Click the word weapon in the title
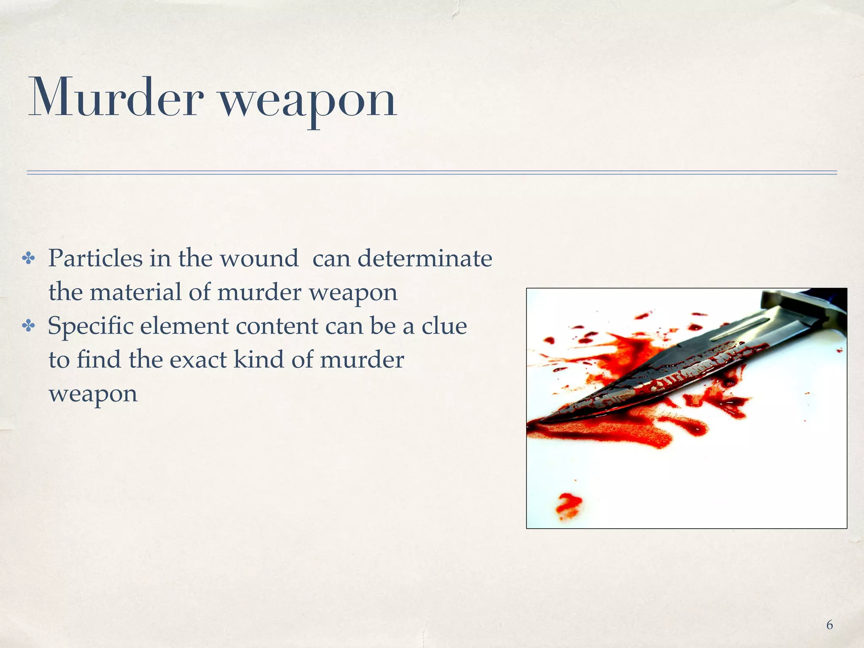tap(308, 101)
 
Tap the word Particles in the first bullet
tap(95, 258)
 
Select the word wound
tap(259, 258)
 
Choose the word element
tap(184, 326)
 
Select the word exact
tap(198, 359)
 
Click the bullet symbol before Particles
tap(28, 259)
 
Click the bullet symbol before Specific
tap(28, 326)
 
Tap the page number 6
tap(829, 625)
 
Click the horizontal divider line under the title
tap(432, 173)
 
